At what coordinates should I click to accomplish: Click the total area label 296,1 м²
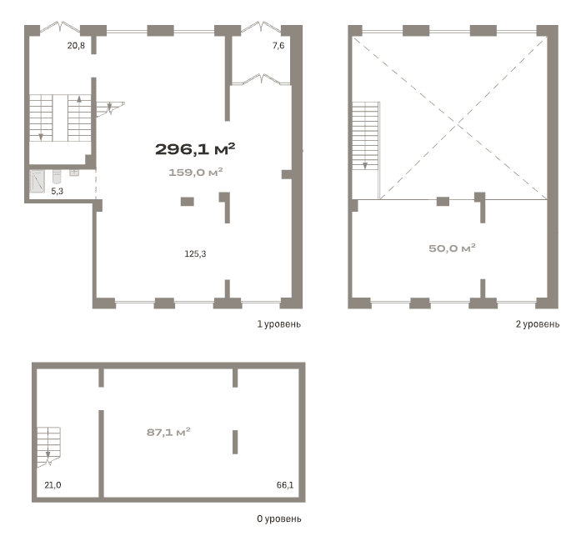pyautogui.click(x=195, y=148)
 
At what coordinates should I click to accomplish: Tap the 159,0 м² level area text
pyautogui.click(x=196, y=172)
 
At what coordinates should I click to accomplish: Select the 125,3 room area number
pyautogui.click(x=195, y=253)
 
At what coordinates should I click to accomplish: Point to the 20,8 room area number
pyautogui.click(x=76, y=46)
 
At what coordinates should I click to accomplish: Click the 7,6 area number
pyautogui.click(x=278, y=46)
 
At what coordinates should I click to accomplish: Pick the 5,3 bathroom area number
pyautogui.click(x=57, y=191)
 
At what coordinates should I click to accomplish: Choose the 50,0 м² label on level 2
pyautogui.click(x=452, y=248)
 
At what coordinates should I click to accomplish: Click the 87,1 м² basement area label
pyautogui.click(x=168, y=432)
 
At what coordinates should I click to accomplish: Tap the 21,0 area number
pyautogui.click(x=53, y=485)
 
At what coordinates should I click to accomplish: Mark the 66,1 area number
pyautogui.click(x=285, y=485)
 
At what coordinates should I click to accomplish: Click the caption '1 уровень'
pyautogui.click(x=278, y=324)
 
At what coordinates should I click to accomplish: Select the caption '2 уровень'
pyautogui.click(x=538, y=324)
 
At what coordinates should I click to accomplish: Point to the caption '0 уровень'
pyautogui.click(x=278, y=518)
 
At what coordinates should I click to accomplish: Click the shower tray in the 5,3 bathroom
pyautogui.click(x=38, y=181)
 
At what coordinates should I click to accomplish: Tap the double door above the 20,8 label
pyautogui.click(x=60, y=27)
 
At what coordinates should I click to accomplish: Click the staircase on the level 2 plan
pyautogui.click(x=365, y=136)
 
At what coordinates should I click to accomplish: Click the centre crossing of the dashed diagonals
pyautogui.click(x=458, y=125)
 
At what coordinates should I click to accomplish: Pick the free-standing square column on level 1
pyautogui.click(x=188, y=201)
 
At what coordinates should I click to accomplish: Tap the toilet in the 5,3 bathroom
pyautogui.click(x=57, y=176)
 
